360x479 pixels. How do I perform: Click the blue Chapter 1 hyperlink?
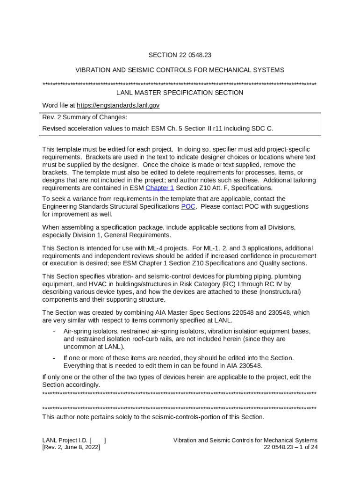[x=160, y=188]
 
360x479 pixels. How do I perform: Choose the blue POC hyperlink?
[x=188, y=206]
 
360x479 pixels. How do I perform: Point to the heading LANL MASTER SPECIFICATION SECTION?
[x=180, y=93]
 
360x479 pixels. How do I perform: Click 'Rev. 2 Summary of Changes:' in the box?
[x=85, y=117]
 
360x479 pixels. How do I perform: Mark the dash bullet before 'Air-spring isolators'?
[x=54, y=331]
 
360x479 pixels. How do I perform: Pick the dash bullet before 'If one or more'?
[x=54, y=358]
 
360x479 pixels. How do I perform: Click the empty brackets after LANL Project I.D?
[x=98, y=440]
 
